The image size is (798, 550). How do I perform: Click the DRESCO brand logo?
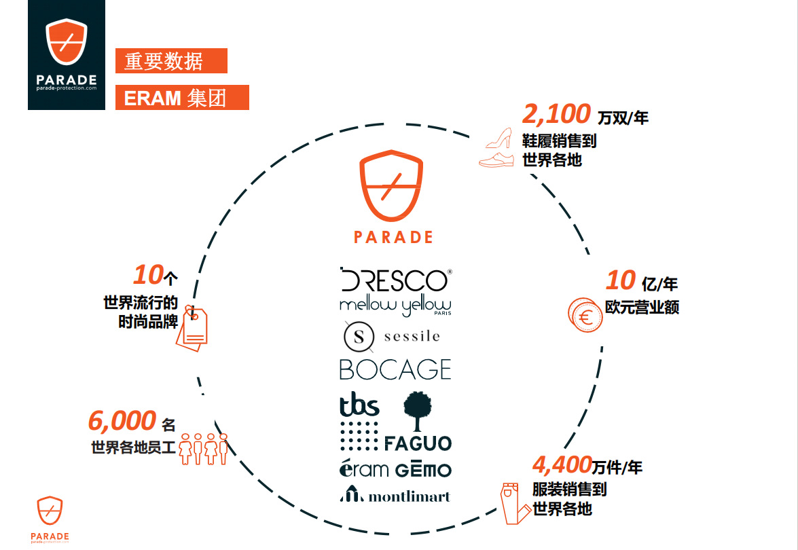(395, 280)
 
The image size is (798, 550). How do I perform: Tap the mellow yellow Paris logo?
(395, 306)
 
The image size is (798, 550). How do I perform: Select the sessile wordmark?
(412, 336)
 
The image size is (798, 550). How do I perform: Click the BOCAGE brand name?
(395, 369)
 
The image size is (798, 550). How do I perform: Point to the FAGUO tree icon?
(417, 411)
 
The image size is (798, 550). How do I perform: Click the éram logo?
(364, 469)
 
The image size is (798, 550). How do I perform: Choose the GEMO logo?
(423, 469)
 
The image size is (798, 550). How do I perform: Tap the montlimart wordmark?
(409, 496)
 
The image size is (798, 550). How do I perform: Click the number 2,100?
(556, 114)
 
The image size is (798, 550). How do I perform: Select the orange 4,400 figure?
(562, 464)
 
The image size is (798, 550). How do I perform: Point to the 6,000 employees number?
(122, 421)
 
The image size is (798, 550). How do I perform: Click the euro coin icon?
(585, 316)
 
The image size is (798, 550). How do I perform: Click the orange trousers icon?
(514, 503)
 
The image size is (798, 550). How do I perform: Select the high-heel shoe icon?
(498, 139)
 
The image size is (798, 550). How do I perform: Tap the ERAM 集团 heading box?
(182, 98)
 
